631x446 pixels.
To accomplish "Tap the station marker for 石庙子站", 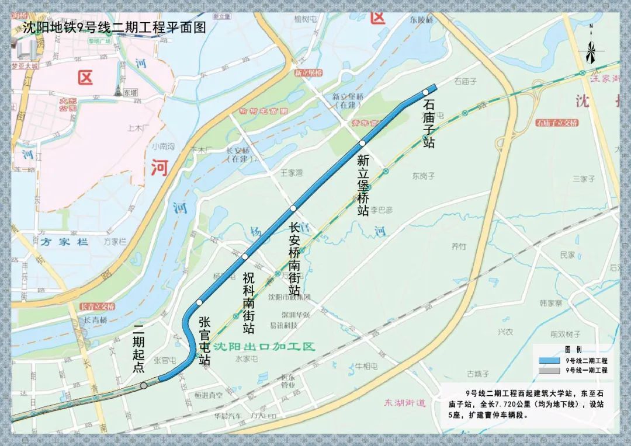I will (x=426, y=92).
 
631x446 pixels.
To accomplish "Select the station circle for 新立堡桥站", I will (x=363, y=142).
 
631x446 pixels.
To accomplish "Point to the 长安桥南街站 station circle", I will (x=293, y=208).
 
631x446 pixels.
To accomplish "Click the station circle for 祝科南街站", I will (x=245, y=256).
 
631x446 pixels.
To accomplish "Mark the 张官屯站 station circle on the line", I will (x=199, y=302).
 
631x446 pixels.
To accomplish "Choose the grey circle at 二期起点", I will (x=144, y=385).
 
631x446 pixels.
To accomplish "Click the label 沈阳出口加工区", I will (x=264, y=346).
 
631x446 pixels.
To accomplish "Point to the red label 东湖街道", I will (x=405, y=403).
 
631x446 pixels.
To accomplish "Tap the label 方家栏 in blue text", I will (x=64, y=241).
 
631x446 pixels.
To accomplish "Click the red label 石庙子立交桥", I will (x=556, y=123).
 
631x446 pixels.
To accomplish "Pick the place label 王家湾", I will (x=292, y=173).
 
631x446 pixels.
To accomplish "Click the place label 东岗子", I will (x=424, y=175).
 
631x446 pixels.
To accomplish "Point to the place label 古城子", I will (x=477, y=374).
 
